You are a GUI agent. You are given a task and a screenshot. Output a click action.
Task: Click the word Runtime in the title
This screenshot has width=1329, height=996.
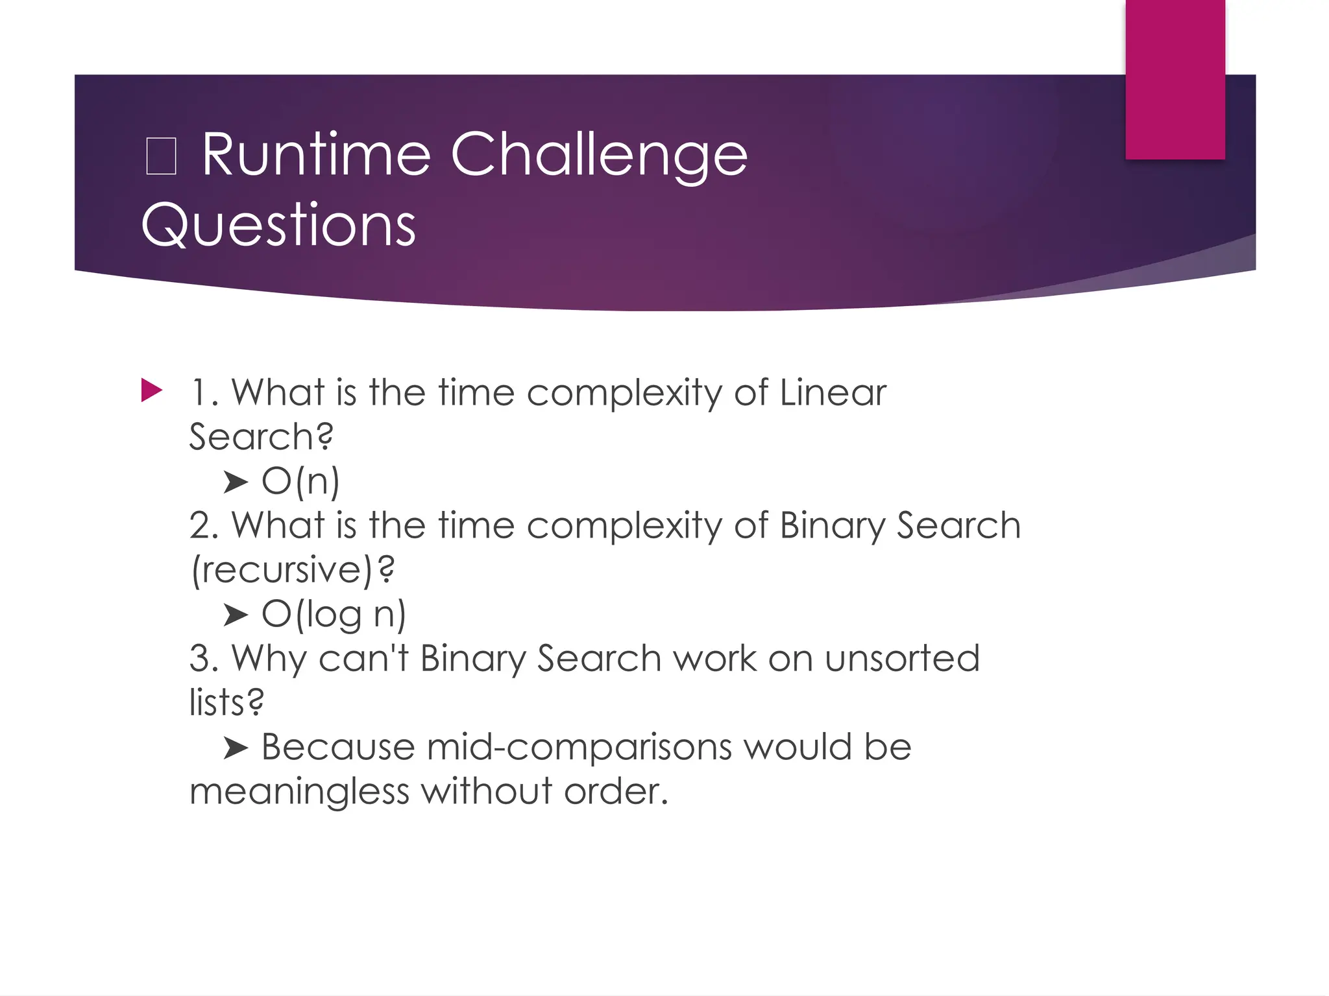(x=316, y=154)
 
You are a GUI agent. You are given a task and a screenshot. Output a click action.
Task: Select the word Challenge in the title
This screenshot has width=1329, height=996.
(x=599, y=156)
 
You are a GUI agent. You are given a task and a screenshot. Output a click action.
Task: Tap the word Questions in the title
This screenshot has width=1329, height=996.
(x=278, y=224)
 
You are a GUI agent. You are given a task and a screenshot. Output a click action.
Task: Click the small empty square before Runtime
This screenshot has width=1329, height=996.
(x=161, y=157)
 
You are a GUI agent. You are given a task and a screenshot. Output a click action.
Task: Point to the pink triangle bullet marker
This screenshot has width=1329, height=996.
(x=151, y=390)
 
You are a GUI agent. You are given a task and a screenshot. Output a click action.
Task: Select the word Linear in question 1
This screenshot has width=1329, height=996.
(x=833, y=393)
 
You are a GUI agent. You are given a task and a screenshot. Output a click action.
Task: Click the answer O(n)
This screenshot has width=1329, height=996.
(x=300, y=481)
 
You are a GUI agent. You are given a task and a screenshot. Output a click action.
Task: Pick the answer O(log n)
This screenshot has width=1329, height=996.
(x=334, y=614)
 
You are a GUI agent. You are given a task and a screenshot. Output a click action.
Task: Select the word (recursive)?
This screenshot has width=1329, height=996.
(x=293, y=570)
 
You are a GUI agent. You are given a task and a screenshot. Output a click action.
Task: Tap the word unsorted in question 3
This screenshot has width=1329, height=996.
(x=902, y=658)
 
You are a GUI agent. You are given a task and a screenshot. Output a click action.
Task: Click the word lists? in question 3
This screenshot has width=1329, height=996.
(x=226, y=702)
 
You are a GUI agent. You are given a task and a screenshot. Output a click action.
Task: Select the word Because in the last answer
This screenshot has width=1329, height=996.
(x=337, y=747)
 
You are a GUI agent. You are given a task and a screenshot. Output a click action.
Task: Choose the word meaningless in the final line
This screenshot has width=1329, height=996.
(x=299, y=792)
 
